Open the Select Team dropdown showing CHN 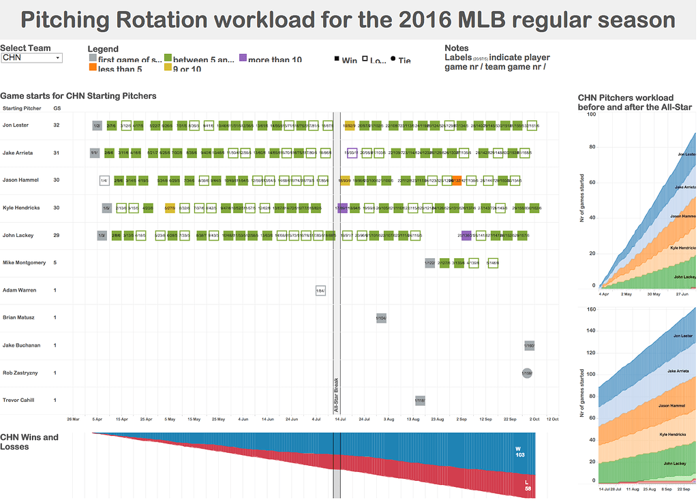(x=31, y=59)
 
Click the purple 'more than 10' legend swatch (x=243, y=60)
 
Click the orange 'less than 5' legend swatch (x=93, y=69)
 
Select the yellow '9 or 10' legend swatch (x=168, y=69)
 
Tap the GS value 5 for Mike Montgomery (x=56, y=263)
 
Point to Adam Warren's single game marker (x=320, y=291)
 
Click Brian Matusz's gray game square (x=381, y=318)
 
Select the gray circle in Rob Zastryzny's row (x=527, y=373)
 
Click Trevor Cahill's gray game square (x=420, y=401)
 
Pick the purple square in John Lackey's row (x=466, y=236)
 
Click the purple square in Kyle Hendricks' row (x=343, y=208)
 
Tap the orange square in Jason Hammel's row (x=457, y=181)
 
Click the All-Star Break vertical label (x=336, y=395)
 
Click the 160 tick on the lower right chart (x=591, y=310)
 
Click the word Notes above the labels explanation (x=456, y=48)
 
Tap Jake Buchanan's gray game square (x=529, y=346)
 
